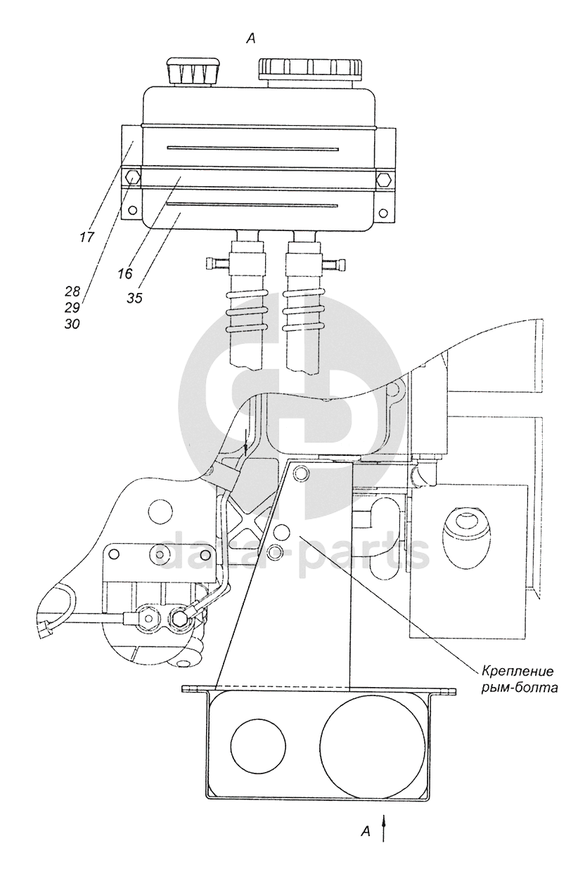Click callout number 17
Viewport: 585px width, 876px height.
(x=88, y=237)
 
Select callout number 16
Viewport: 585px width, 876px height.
(x=125, y=274)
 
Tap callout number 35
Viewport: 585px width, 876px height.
(x=134, y=298)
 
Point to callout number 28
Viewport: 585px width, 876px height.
(x=73, y=292)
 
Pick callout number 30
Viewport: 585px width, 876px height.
(x=72, y=325)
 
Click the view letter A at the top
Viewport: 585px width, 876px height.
(x=250, y=39)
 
